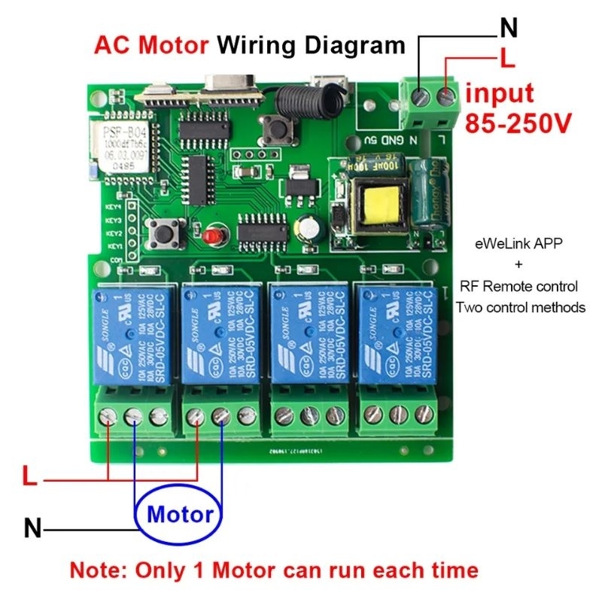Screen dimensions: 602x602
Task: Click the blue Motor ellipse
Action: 180,515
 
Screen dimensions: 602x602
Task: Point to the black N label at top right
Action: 509,29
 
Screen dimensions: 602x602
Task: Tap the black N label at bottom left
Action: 32,528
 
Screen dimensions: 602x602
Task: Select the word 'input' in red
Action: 499,94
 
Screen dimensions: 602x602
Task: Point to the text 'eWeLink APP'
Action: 517,244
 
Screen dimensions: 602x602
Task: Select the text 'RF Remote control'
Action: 518,287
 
